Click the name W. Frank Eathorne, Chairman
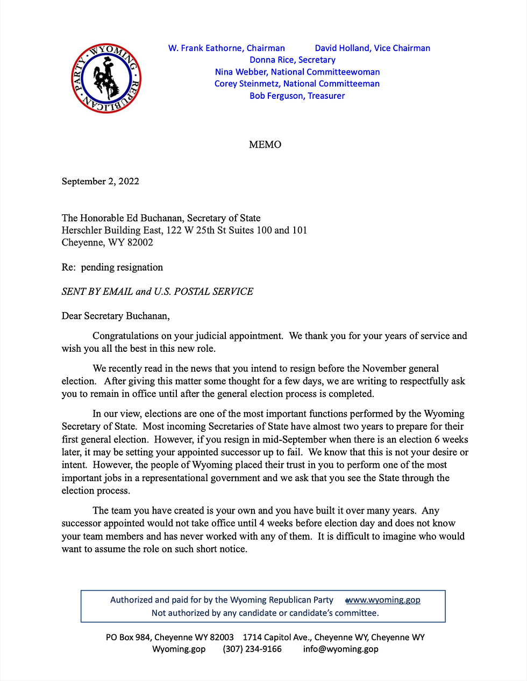pyautogui.click(x=226, y=48)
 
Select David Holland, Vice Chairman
pyautogui.click(x=372, y=48)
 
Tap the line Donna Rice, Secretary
pyautogui.click(x=292, y=60)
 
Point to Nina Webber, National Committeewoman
pyautogui.click(x=297, y=72)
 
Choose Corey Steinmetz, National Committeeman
pyautogui.click(x=297, y=84)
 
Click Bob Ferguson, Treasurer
pyautogui.click(x=297, y=96)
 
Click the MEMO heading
pyautogui.click(x=265, y=144)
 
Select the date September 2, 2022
pyautogui.click(x=101, y=182)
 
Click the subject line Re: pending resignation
pyautogui.click(x=112, y=267)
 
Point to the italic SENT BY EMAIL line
pyautogui.click(x=158, y=292)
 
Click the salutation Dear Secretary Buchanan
pyautogui.click(x=116, y=316)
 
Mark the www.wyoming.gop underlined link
pyautogui.click(x=384, y=600)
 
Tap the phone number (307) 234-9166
pyautogui.click(x=252, y=649)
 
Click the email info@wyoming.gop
pyautogui.click(x=340, y=649)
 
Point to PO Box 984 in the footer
pyautogui.click(x=128, y=637)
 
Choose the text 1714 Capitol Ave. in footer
pyautogui.click(x=276, y=637)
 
